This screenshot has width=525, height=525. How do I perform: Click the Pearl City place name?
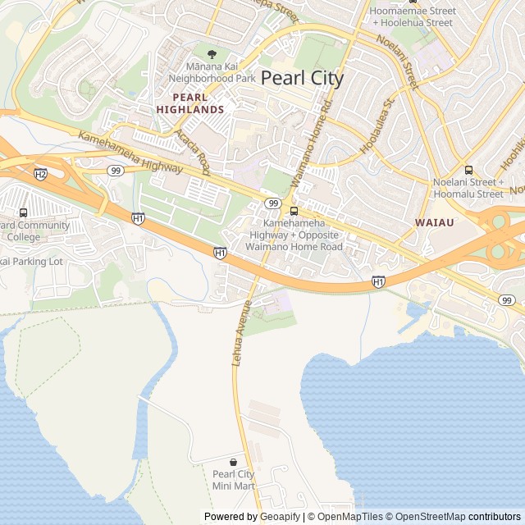(302, 79)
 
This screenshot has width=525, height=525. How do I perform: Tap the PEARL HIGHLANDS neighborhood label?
(190, 103)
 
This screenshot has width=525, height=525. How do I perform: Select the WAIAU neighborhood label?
(435, 222)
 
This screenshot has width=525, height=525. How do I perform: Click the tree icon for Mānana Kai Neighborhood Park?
(212, 54)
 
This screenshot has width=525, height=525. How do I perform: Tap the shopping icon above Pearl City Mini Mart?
(233, 463)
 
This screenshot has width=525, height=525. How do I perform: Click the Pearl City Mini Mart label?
(233, 480)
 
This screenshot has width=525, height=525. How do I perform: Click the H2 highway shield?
(41, 174)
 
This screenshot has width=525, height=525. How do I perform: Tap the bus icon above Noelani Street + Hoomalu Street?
(468, 170)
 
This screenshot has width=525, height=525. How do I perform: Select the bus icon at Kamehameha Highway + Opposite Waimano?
(294, 210)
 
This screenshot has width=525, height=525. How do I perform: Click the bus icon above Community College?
(22, 212)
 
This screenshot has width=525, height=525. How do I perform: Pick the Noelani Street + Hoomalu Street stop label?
(468, 188)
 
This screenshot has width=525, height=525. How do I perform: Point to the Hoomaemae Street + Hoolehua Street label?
(413, 16)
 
